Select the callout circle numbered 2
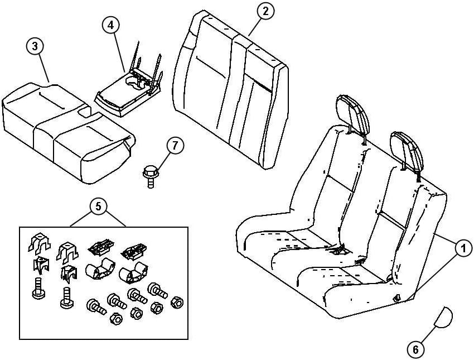click(265, 11)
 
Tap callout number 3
click(36, 47)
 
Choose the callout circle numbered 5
click(98, 206)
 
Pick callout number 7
click(175, 146)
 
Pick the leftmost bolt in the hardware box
click(38, 288)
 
